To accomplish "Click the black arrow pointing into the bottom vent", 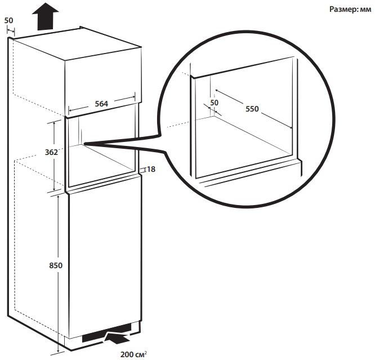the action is (x=117, y=337).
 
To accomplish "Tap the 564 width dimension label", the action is (x=101, y=104).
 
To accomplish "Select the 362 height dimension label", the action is (x=51, y=152).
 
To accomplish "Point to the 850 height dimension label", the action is (x=56, y=265).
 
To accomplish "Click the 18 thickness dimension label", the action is (x=151, y=169).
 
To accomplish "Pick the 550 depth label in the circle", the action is (x=252, y=109).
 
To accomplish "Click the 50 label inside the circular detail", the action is (x=215, y=103).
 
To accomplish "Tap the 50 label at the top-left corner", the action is (x=8, y=21).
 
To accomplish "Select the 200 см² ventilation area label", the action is (x=133, y=354).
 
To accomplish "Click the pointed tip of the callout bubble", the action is (x=84, y=144).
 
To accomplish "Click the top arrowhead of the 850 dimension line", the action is (x=59, y=197).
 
